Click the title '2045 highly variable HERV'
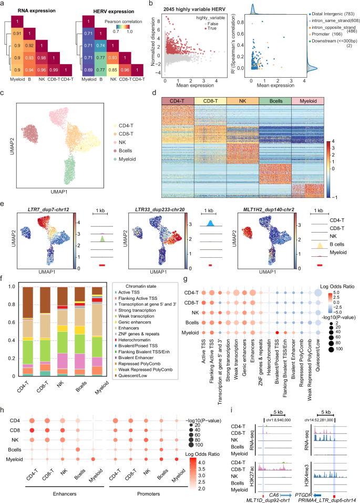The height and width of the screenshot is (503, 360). point(187,6)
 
